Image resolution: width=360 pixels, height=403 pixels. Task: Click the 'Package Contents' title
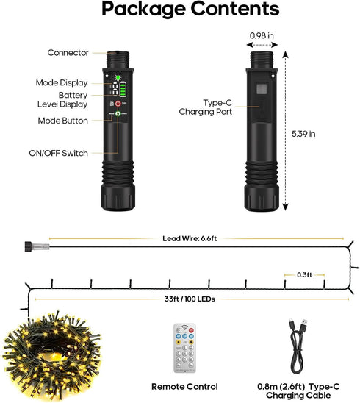[190, 10]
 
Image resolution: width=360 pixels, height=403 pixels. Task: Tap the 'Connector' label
[68, 53]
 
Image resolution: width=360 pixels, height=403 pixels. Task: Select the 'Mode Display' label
[62, 83]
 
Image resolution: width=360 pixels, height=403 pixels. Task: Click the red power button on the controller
[118, 104]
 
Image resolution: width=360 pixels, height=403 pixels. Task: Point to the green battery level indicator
[123, 90]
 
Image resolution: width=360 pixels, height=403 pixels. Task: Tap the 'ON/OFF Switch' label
[58, 153]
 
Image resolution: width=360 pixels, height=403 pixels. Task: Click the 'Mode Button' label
[63, 121]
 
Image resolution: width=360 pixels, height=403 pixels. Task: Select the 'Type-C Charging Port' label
[206, 107]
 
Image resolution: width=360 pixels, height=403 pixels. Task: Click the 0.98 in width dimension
[262, 36]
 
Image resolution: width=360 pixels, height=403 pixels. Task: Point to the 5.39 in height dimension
[303, 134]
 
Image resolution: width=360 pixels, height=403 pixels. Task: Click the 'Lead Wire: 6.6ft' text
[190, 238]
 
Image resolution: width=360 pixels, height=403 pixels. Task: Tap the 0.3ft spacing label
[305, 275]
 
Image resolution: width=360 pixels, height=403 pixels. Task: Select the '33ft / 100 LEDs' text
[190, 299]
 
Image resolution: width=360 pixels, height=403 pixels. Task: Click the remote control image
[184, 348]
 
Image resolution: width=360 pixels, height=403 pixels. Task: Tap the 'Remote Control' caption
[184, 387]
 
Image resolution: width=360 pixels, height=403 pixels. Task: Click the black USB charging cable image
[298, 346]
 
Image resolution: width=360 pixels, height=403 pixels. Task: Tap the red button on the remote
[191, 330]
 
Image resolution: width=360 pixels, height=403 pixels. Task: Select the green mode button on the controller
[118, 113]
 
